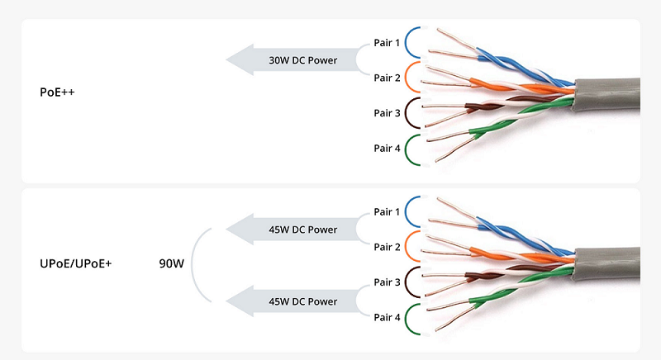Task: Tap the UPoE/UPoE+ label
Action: (75, 263)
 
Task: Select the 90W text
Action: (171, 264)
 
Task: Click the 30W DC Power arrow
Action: (289, 60)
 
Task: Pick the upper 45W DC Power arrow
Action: (289, 230)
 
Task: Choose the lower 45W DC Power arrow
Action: (289, 301)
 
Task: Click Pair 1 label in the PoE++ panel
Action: (387, 42)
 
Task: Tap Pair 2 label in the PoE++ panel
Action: (387, 78)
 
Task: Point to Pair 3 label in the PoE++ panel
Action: (387, 113)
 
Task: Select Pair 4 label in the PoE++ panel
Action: (387, 149)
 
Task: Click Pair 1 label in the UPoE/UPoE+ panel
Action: (387, 212)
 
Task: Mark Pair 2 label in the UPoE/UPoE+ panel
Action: (387, 247)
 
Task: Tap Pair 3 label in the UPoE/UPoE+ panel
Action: (387, 282)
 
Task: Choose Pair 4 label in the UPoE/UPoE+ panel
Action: (387, 318)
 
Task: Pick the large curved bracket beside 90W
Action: (195, 264)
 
